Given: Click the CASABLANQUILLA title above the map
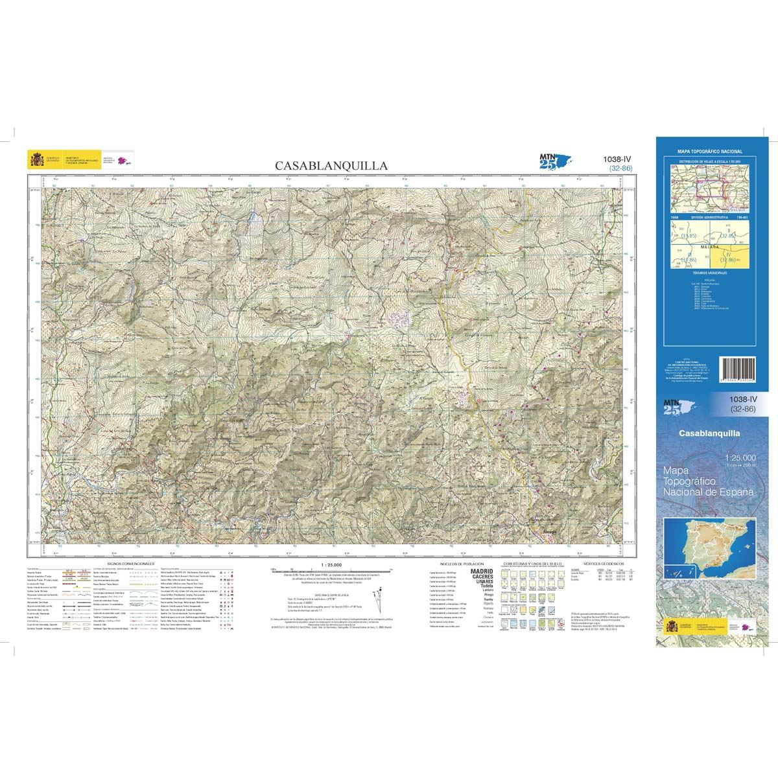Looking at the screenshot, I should pyautogui.click(x=331, y=166).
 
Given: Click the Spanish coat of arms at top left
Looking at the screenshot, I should pyautogui.click(x=35, y=159).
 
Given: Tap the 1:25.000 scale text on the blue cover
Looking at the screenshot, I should pyautogui.click(x=738, y=459).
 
